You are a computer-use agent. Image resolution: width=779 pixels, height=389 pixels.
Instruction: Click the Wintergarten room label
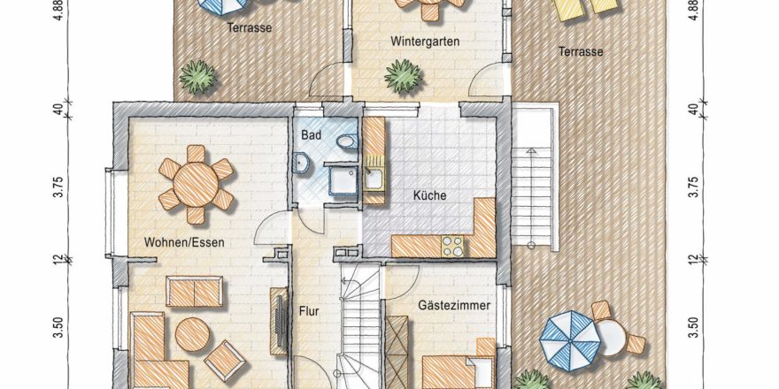(425, 41)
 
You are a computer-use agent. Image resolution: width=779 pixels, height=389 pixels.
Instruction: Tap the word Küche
(429, 195)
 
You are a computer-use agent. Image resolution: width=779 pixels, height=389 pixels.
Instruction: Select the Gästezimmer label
(454, 305)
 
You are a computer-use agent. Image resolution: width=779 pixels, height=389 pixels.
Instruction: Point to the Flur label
(309, 311)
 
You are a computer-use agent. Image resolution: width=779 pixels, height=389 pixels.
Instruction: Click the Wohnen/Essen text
(184, 242)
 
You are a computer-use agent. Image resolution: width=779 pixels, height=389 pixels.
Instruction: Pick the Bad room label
(312, 134)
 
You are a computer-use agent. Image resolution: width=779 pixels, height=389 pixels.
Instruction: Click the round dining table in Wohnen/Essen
(196, 184)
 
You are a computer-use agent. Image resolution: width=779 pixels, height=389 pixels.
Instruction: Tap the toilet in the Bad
(346, 142)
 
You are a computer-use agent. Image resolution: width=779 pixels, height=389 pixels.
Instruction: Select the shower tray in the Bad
(343, 179)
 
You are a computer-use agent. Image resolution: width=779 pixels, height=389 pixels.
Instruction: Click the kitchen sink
(373, 179)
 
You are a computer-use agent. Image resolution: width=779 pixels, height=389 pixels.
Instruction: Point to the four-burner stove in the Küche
(452, 246)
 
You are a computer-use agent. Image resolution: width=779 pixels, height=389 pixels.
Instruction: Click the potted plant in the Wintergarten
(403, 76)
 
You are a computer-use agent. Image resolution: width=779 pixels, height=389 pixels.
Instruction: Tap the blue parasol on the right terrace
(570, 340)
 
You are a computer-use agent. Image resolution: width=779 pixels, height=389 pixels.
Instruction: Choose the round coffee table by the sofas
(192, 334)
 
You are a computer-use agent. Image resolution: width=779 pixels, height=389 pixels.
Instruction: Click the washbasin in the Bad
(301, 163)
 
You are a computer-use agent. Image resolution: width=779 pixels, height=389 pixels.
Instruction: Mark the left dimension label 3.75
(59, 187)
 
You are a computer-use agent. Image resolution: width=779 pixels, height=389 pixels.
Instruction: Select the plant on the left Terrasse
(197, 77)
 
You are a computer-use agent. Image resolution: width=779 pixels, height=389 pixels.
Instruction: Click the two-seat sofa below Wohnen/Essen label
(194, 292)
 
